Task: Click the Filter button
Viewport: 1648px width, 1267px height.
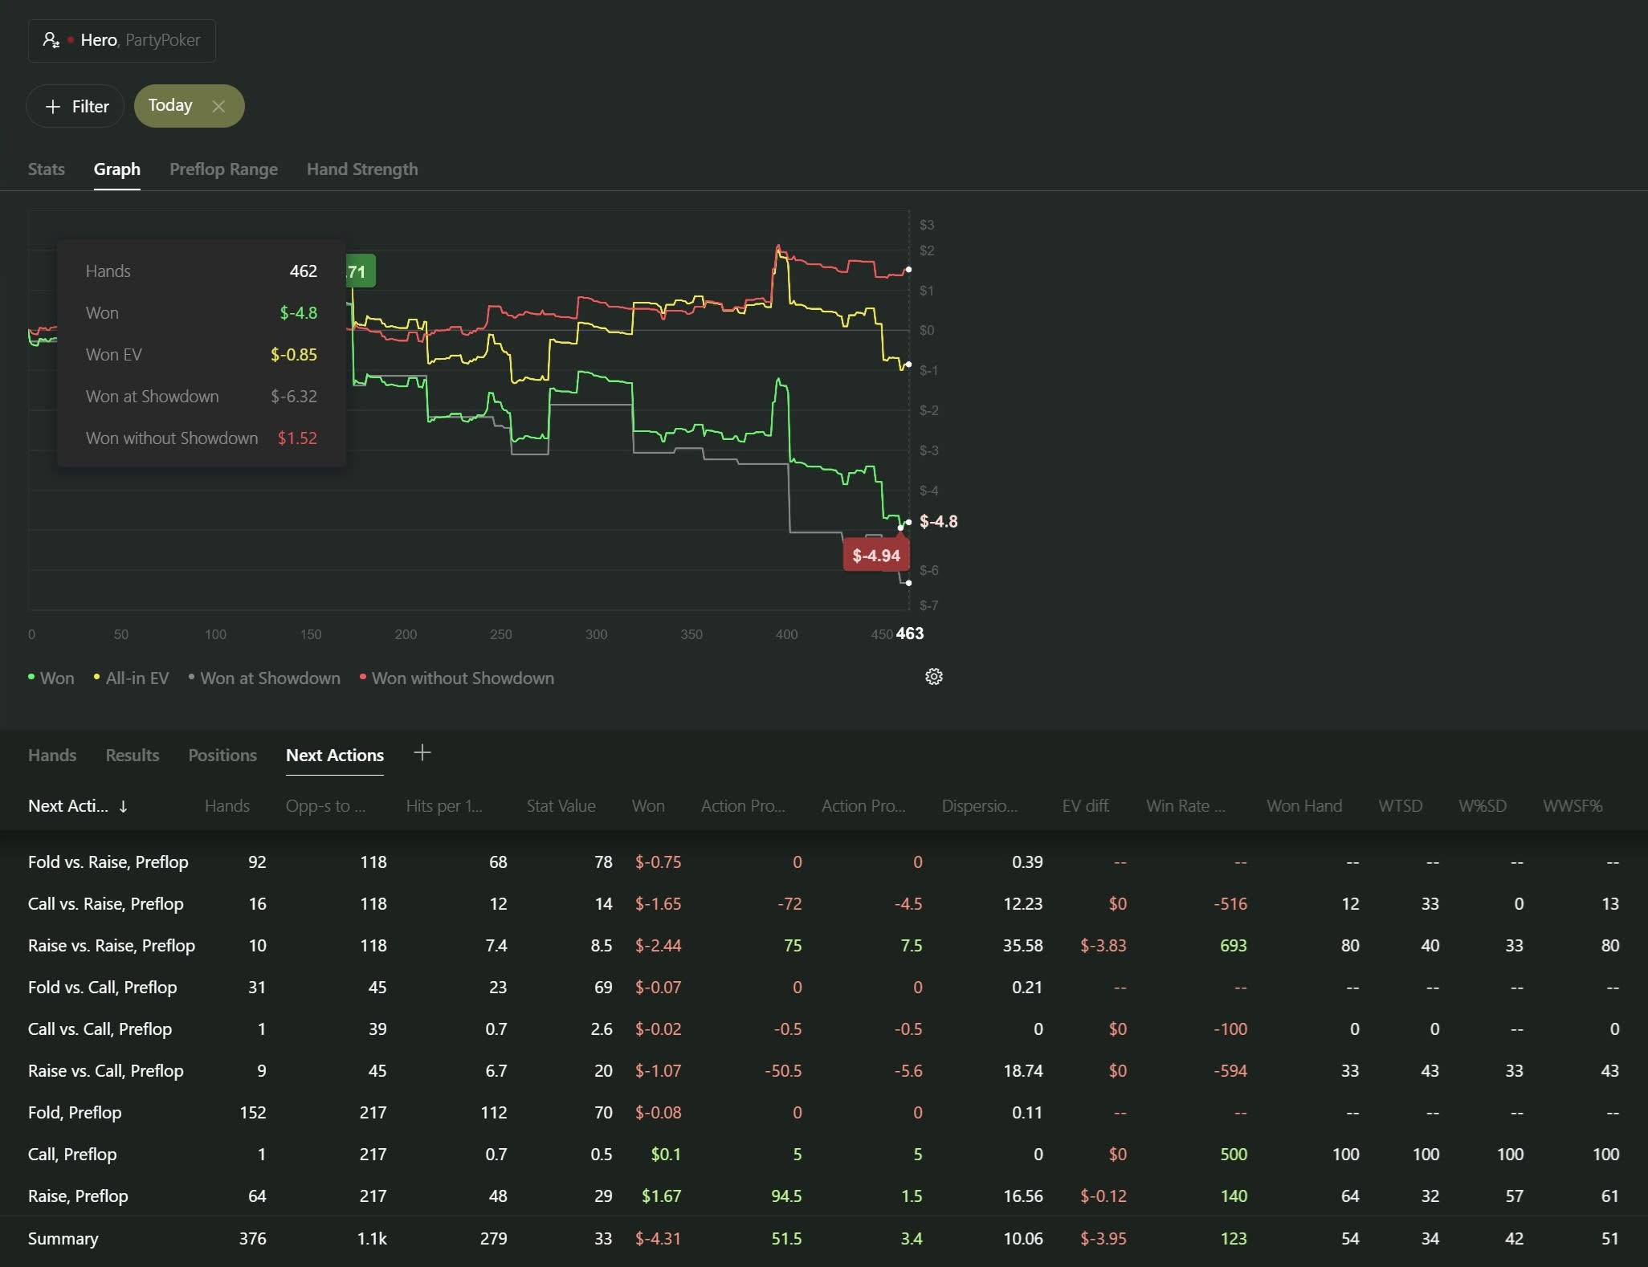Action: (75, 106)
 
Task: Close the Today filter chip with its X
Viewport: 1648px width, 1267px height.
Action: (218, 106)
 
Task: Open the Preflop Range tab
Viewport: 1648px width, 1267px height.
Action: (223, 169)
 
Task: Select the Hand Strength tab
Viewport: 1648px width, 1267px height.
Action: (362, 169)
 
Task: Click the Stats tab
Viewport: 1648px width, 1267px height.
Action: (47, 169)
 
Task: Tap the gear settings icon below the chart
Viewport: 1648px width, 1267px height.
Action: (933, 677)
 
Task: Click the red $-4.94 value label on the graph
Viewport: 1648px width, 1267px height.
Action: (876, 556)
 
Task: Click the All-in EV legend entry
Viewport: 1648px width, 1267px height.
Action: (132, 678)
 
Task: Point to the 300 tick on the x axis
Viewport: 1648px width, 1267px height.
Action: (596, 634)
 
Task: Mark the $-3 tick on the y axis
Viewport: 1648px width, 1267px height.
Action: (928, 450)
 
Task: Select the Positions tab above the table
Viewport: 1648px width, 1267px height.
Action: (222, 756)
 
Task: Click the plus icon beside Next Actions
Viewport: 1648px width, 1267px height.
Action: (422, 752)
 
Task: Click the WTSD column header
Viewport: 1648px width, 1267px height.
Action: (1400, 806)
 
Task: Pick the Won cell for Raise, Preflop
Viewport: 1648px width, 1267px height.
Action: (661, 1196)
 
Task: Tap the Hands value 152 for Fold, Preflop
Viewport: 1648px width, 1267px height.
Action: (253, 1113)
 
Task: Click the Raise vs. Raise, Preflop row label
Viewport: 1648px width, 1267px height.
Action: (112, 946)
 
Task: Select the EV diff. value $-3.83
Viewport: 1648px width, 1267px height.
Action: (1103, 946)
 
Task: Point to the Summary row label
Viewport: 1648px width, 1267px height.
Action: (63, 1239)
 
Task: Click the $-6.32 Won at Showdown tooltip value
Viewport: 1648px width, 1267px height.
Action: (294, 397)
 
